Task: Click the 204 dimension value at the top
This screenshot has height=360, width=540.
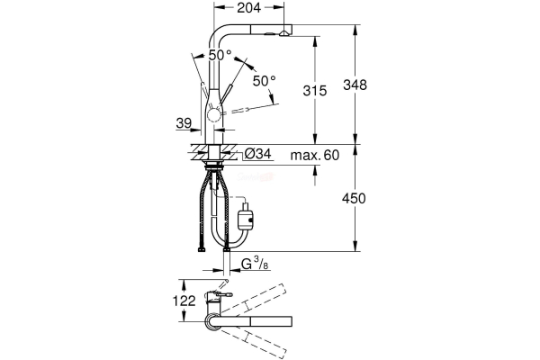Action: pos(253,9)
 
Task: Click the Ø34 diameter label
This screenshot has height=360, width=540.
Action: pos(258,156)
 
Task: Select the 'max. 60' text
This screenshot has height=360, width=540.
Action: pos(314,156)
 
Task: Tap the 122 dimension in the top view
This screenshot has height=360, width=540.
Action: pos(184,301)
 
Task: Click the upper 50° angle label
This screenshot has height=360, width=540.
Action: pos(220,55)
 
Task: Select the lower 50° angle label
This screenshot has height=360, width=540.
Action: pos(264,81)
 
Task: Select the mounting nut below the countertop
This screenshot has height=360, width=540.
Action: pos(216,165)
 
